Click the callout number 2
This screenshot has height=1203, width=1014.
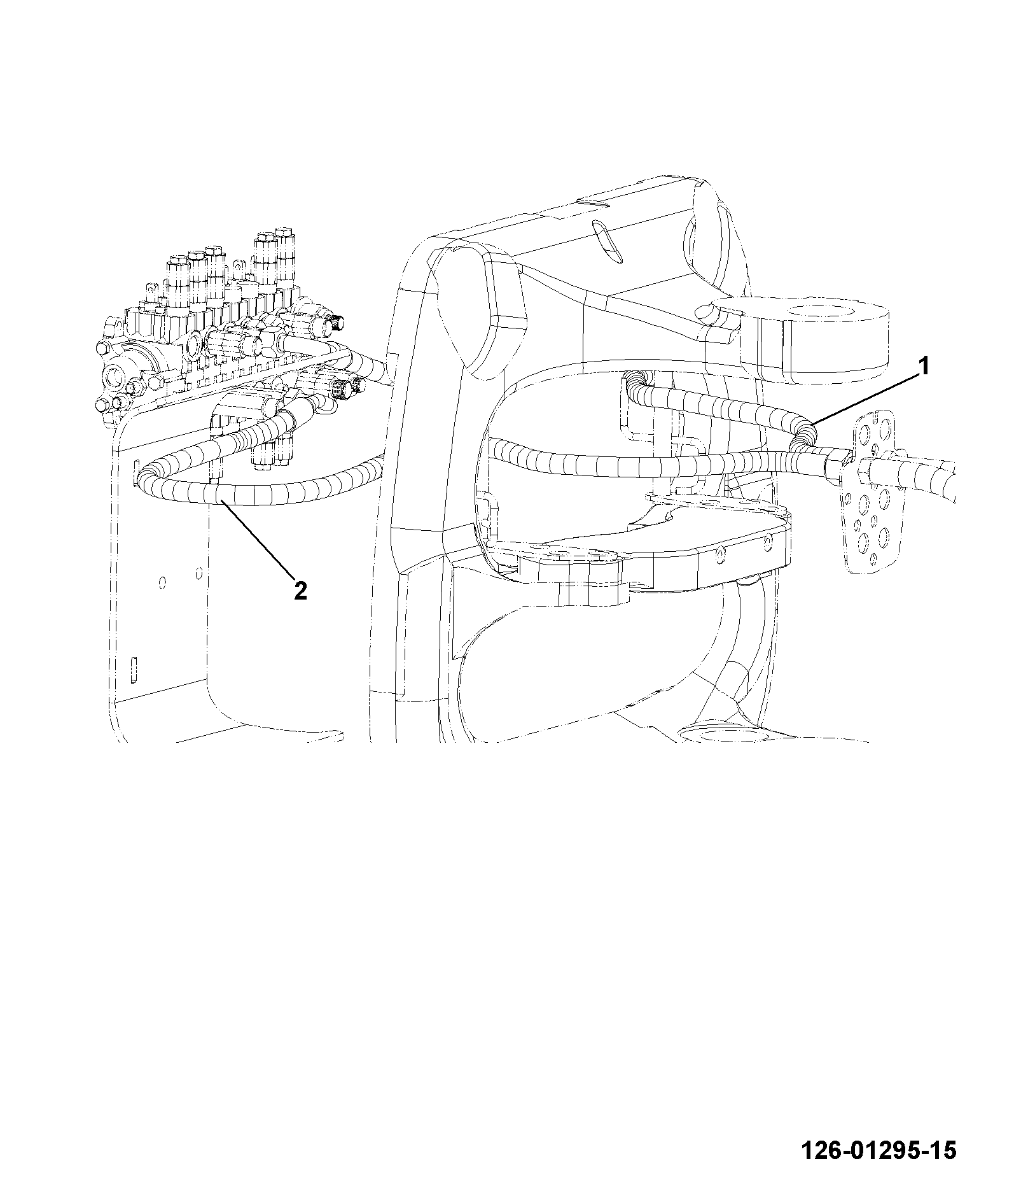coord(300,591)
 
